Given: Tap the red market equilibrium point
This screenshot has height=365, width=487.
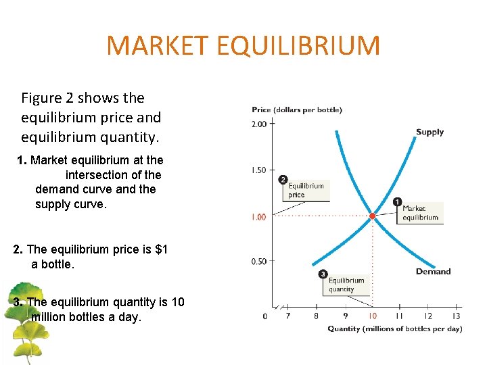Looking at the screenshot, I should [372, 216].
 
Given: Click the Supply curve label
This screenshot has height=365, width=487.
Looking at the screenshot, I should [430, 132].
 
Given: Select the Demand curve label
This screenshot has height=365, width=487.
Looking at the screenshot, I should [433, 272].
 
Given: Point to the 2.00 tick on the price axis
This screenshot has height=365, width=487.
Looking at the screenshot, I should [259, 124].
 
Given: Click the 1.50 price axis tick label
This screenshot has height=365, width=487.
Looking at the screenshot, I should [259, 170].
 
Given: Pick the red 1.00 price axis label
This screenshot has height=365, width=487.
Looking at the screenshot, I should [259, 216].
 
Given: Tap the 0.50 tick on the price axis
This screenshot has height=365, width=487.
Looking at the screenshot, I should [259, 262].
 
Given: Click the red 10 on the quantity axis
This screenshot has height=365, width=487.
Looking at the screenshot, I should [372, 316].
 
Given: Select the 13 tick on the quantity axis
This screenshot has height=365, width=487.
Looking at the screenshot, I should [456, 316].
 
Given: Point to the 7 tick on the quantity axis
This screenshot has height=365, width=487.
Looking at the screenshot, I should [288, 316].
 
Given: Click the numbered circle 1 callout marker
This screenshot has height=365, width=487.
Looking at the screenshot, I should [397, 201].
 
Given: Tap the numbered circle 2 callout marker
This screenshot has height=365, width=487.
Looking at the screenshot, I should [283, 180].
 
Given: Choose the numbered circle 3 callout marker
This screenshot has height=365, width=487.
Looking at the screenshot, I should [323, 274].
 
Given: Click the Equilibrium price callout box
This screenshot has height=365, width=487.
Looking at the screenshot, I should [306, 191].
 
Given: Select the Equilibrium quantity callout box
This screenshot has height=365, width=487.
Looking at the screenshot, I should [346, 285].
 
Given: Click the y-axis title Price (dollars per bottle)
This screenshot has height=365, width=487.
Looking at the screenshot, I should [297, 109].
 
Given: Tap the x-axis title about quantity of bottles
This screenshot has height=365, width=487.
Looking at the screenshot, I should [394, 329].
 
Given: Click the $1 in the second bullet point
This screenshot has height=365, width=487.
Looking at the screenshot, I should [161, 249].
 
